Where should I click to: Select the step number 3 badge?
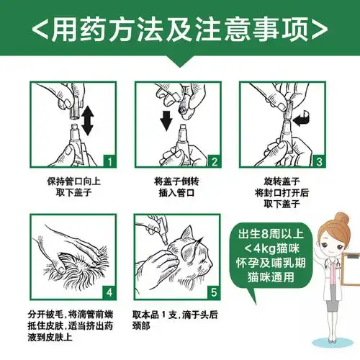click(319, 160)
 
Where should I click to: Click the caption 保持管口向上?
click(68, 182)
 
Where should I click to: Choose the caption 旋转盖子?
click(284, 182)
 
